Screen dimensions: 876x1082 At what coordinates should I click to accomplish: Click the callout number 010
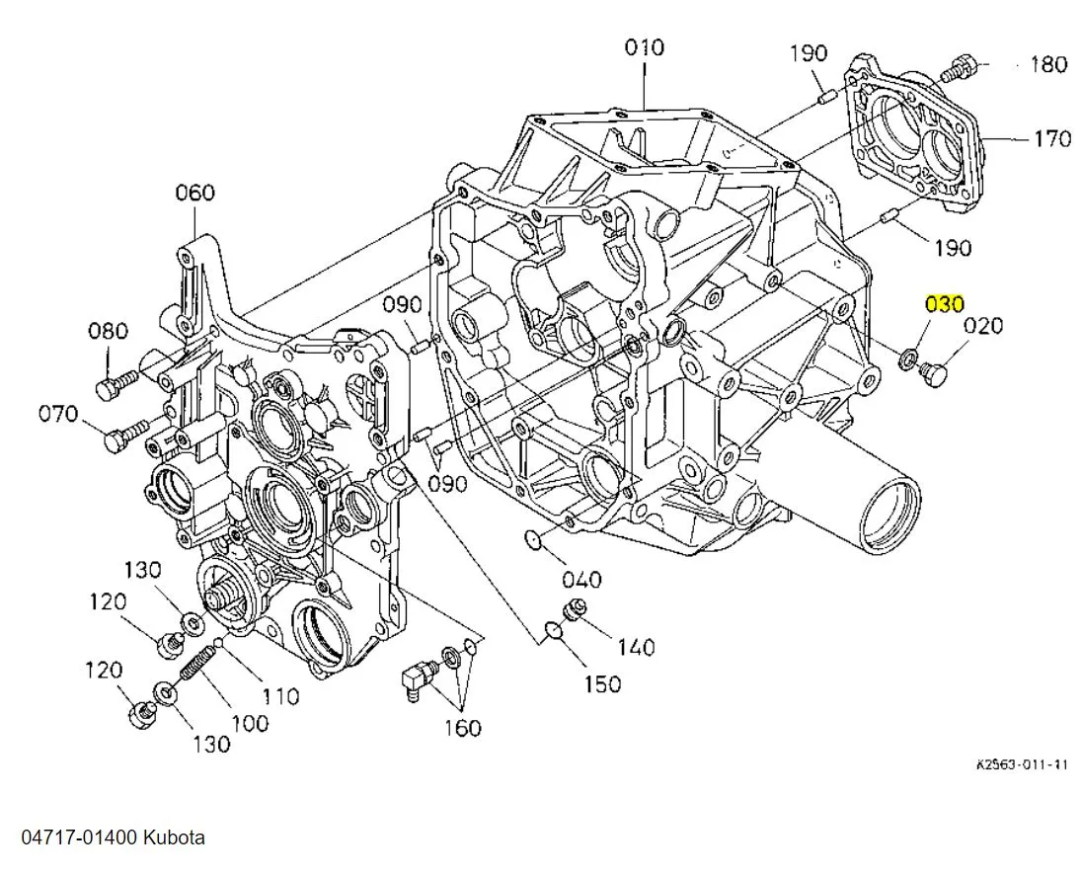(x=644, y=47)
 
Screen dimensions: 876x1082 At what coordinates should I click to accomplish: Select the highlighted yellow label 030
(x=944, y=304)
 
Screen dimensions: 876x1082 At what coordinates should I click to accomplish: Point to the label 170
(x=1051, y=138)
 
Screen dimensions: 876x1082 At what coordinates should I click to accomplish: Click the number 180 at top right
(x=1047, y=65)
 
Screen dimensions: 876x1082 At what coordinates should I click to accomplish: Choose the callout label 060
(x=194, y=193)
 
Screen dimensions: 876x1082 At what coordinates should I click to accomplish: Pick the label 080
(x=109, y=331)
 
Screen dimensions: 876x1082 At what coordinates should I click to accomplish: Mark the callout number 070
(x=58, y=414)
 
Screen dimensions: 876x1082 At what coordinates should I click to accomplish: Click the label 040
(x=581, y=579)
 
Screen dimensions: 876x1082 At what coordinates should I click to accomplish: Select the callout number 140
(x=635, y=647)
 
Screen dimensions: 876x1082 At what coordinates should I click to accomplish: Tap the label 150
(x=601, y=683)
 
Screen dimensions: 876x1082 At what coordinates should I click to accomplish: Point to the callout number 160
(x=462, y=728)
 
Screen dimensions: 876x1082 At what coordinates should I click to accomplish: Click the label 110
(x=280, y=696)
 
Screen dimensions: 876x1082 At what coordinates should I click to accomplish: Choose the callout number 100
(x=249, y=722)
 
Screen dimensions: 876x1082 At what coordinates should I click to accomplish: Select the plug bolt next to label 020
(x=932, y=374)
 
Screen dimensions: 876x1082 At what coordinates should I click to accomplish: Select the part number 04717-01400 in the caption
(x=82, y=837)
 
